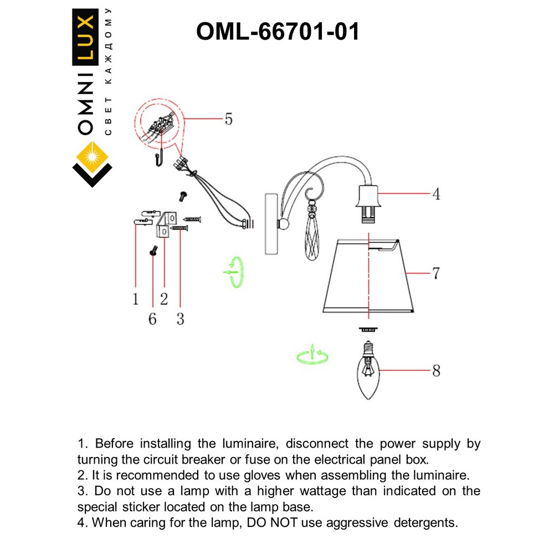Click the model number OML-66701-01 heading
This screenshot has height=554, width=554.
pos(278,32)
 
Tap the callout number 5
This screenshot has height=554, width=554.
pos(228,119)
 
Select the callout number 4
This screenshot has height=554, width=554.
pos(436,194)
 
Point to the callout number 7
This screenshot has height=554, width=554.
pos(436,273)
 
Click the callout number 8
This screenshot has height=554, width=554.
pos(436,371)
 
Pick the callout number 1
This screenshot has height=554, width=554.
pos(135,299)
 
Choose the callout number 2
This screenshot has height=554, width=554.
pos(164,299)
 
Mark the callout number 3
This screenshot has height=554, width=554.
pos(180,319)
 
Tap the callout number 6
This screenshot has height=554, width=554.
pos(152,319)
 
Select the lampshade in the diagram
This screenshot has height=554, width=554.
pos(368,275)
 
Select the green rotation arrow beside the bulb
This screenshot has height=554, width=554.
pos(312,356)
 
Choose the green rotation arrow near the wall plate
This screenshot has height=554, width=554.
pos(235,271)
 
